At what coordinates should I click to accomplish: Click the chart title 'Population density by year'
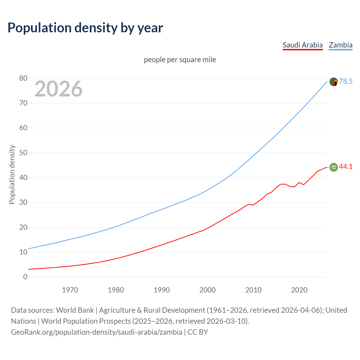(85, 28)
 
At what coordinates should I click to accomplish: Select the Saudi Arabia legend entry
(303, 45)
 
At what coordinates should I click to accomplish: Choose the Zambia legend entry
(341, 45)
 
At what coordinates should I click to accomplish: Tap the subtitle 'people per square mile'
(180, 60)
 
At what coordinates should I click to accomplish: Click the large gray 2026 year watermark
(58, 89)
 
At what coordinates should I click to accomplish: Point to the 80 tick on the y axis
(23, 78)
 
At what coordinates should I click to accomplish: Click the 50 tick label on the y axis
(23, 153)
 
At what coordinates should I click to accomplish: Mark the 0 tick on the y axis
(25, 277)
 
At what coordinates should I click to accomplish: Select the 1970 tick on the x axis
(70, 290)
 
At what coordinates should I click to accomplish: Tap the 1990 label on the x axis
(162, 290)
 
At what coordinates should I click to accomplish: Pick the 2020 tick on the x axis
(299, 290)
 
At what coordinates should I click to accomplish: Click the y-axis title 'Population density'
(12, 174)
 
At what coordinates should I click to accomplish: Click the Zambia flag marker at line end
(334, 82)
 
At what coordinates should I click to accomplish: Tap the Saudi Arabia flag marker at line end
(334, 167)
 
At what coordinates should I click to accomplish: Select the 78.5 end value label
(346, 82)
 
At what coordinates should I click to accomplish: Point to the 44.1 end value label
(346, 167)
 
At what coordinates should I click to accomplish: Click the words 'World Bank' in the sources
(75, 310)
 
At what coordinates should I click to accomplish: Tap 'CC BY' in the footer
(198, 332)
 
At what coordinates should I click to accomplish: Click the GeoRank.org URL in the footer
(96, 332)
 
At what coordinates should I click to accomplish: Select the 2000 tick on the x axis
(208, 290)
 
